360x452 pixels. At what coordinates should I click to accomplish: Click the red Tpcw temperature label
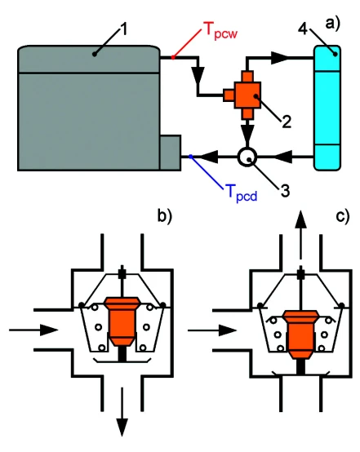221,31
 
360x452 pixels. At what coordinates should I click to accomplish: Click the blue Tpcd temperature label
242,193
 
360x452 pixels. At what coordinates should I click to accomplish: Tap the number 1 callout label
124,29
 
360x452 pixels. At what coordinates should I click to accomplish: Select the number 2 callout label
287,122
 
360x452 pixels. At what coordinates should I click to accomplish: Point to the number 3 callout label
285,191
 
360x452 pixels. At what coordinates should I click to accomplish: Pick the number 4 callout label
303,29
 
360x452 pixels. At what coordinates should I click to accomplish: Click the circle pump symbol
247,157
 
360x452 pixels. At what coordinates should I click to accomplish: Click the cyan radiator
327,108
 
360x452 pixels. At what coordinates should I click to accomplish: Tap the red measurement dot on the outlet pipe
173,58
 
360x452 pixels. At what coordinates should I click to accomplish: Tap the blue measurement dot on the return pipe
190,157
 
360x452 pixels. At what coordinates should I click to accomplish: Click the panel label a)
333,23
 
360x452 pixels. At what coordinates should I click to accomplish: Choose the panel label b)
164,215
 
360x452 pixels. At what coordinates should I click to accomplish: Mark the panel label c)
343,215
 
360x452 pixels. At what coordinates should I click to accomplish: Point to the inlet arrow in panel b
33,330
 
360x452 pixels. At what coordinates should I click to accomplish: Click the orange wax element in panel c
300,335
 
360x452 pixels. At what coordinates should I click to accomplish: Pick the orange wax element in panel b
122,321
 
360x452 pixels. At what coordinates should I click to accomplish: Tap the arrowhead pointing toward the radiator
280,58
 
